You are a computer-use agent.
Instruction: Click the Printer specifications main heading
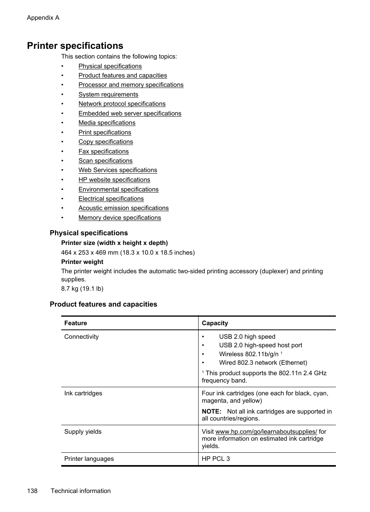[x=75, y=46]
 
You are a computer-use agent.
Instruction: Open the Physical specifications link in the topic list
[x=110, y=66]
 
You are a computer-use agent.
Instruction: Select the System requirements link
[x=108, y=95]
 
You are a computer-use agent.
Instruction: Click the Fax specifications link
[x=104, y=152]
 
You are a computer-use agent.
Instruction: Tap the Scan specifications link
[x=105, y=161]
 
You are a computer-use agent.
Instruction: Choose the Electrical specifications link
[x=111, y=199]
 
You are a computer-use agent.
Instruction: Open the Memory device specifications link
[x=119, y=218]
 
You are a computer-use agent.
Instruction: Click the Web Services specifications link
[x=118, y=170]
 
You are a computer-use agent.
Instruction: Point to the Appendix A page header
[x=43, y=18]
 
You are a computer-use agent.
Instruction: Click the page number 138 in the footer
[x=32, y=491]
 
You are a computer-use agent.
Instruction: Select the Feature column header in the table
[x=76, y=323]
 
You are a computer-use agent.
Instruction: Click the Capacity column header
[x=215, y=323]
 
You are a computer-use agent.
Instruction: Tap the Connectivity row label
[x=81, y=337]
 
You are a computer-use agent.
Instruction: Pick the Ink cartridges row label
[x=83, y=393]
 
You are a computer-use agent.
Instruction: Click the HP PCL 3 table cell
[x=216, y=459]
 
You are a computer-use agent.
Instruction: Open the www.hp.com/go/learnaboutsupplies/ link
[x=266, y=432]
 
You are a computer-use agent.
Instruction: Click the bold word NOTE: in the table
[x=211, y=412]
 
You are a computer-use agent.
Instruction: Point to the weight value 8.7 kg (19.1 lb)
[x=82, y=289]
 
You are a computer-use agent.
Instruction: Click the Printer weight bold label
[x=82, y=262]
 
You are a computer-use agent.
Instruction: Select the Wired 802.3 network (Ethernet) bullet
[x=263, y=363]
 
